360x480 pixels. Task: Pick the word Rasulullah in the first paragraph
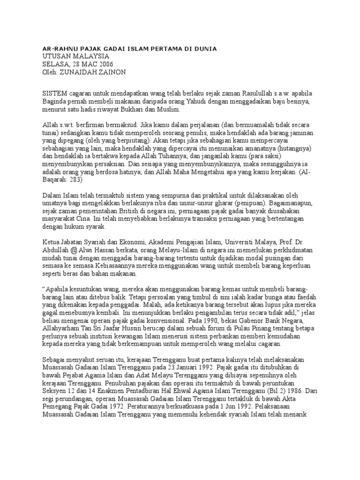[260, 94]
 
